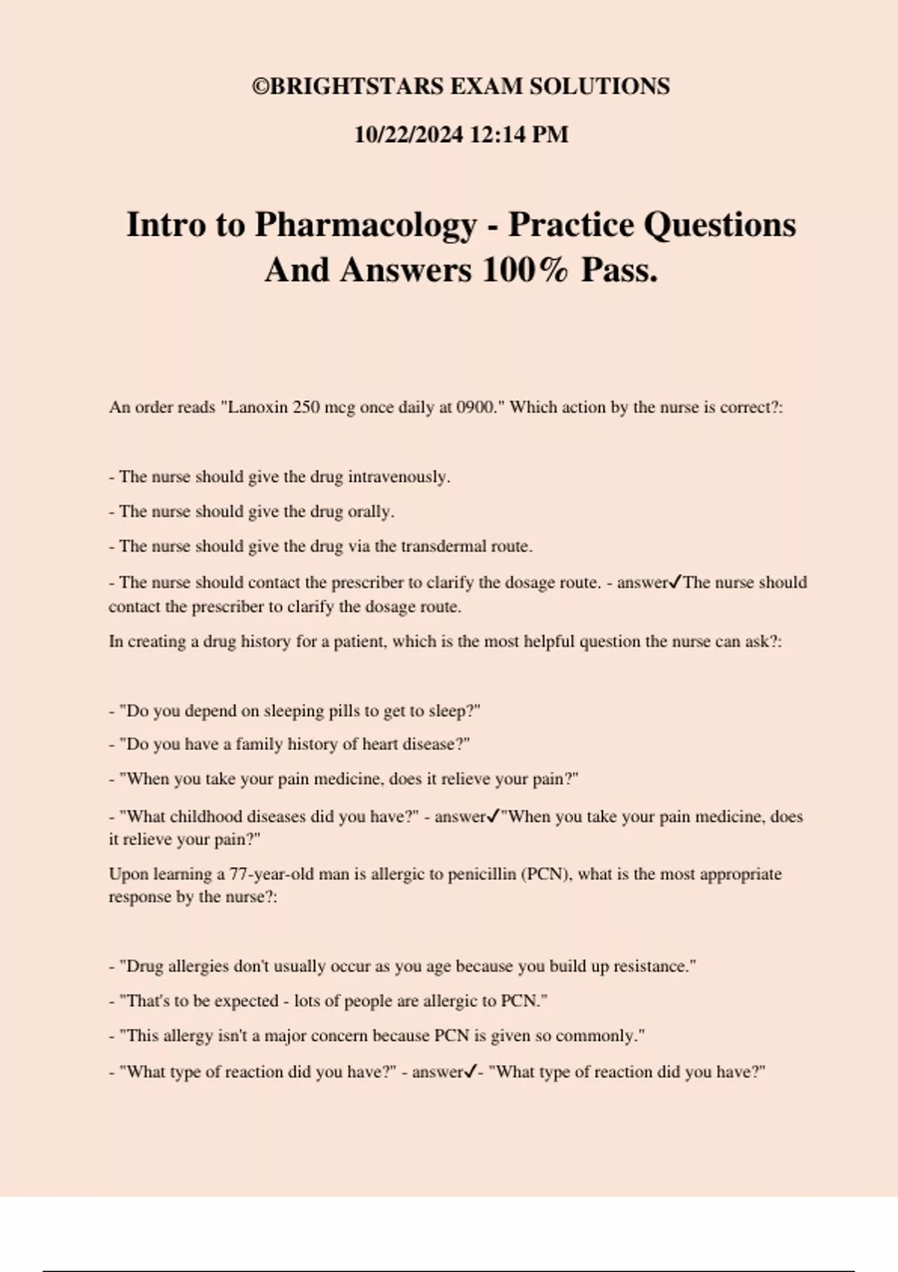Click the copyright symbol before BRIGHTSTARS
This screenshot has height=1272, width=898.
pyautogui.click(x=260, y=87)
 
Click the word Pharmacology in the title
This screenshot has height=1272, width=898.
pyautogui.click(x=365, y=224)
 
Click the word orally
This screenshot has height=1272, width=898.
pyautogui.click(x=370, y=512)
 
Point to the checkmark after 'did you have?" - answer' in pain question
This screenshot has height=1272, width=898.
pyautogui.click(x=492, y=816)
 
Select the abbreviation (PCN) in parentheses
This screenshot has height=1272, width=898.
pyautogui.click(x=546, y=874)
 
